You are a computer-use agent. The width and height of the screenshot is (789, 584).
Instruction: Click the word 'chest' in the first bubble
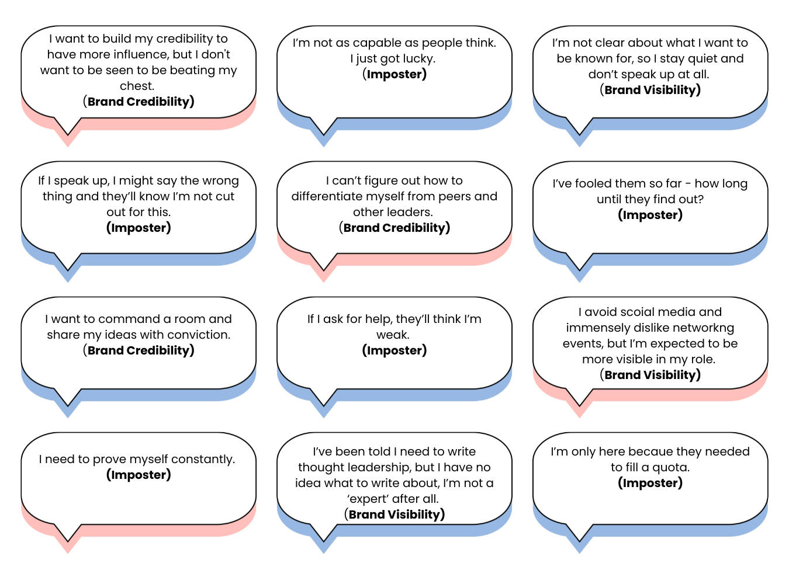click(136, 86)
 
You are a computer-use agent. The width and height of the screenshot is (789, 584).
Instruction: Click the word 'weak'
click(392, 335)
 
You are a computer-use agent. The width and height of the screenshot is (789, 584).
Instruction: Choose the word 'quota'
click(670, 468)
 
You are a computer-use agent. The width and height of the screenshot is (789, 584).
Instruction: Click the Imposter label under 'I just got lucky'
click(394, 74)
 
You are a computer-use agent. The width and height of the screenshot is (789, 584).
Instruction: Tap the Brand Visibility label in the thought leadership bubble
click(394, 515)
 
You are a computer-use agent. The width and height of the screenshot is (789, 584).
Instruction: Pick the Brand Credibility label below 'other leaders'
click(394, 228)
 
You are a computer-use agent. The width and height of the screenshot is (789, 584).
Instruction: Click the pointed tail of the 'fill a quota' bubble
click(579, 541)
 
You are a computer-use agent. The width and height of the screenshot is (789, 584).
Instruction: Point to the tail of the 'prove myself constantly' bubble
click(68, 541)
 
